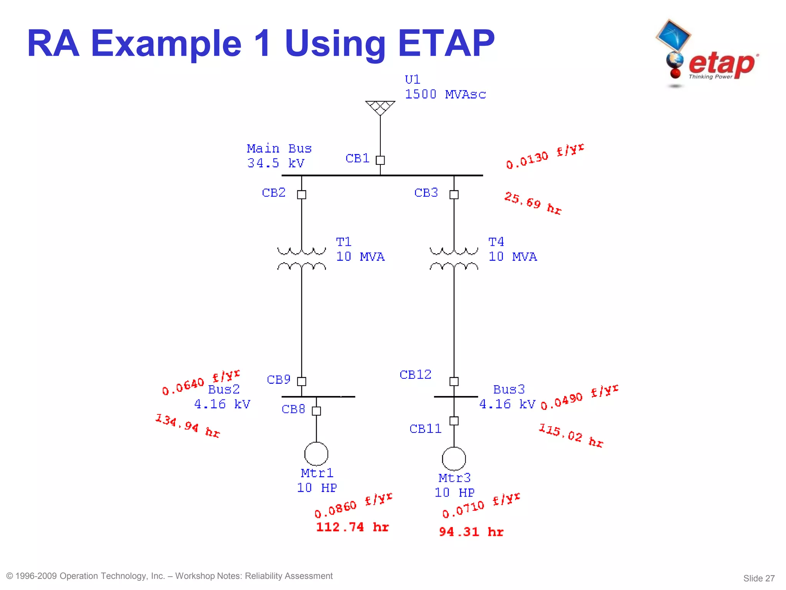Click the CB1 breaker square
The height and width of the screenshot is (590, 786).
click(380, 160)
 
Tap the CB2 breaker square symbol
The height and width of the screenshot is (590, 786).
click(302, 195)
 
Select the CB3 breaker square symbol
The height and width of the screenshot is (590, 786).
click(454, 195)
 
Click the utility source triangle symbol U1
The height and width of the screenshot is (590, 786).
click(380, 107)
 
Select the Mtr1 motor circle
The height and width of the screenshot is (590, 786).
click(316, 454)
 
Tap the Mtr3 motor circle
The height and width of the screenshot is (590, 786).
click(454, 459)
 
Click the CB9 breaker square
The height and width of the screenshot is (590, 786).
click(302, 381)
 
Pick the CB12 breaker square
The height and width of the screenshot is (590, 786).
click(454, 381)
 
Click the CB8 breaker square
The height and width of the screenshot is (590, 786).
click(316, 411)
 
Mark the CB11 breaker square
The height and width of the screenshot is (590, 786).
click(454, 421)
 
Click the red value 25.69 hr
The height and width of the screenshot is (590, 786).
click(533, 203)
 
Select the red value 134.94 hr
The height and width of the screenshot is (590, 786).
click(187, 426)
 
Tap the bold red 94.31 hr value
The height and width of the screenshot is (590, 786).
click(471, 532)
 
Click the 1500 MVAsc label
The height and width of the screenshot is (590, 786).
click(445, 94)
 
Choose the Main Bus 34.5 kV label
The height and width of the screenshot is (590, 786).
click(279, 156)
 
